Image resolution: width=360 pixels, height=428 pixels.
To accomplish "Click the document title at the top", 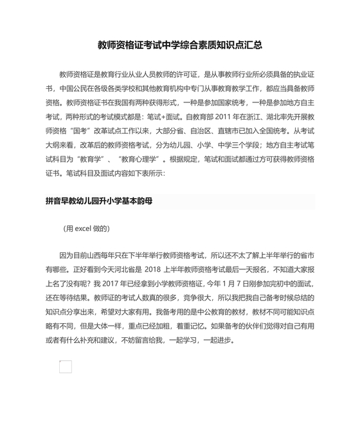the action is pyautogui.click(x=180, y=46).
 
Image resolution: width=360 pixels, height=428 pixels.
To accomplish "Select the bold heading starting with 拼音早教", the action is pyautogui.click(x=98, y=201).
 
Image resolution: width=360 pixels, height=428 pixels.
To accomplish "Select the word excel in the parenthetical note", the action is pyautogui.click(x=85, y=228).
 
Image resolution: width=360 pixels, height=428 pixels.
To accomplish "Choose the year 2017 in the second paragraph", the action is pyautogui.click(x=112, y=283).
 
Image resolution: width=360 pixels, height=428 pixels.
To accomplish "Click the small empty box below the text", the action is pyautogui.click(x=65, y=367).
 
